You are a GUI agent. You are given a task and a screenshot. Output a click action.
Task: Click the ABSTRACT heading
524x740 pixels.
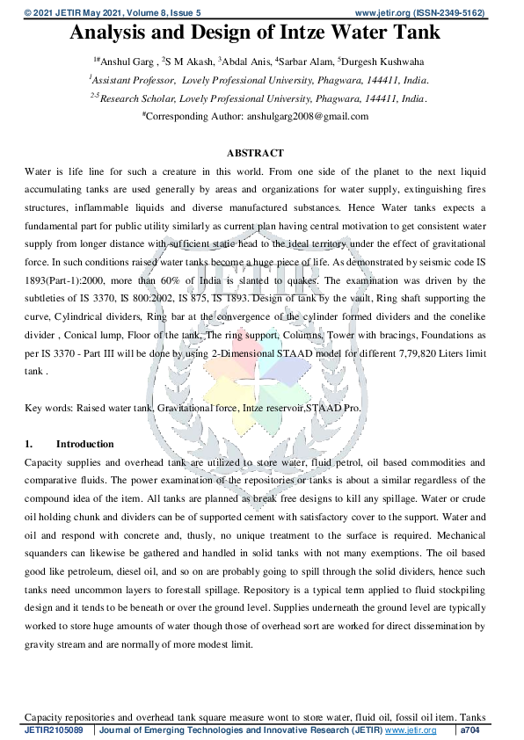click(255, 153)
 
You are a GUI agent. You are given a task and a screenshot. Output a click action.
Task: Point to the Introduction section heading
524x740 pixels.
click(84, 444)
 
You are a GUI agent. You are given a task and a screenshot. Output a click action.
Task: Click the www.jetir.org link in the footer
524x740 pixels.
click(411, 730)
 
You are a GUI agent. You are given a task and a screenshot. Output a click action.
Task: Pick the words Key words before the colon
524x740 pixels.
click(47, 409)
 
